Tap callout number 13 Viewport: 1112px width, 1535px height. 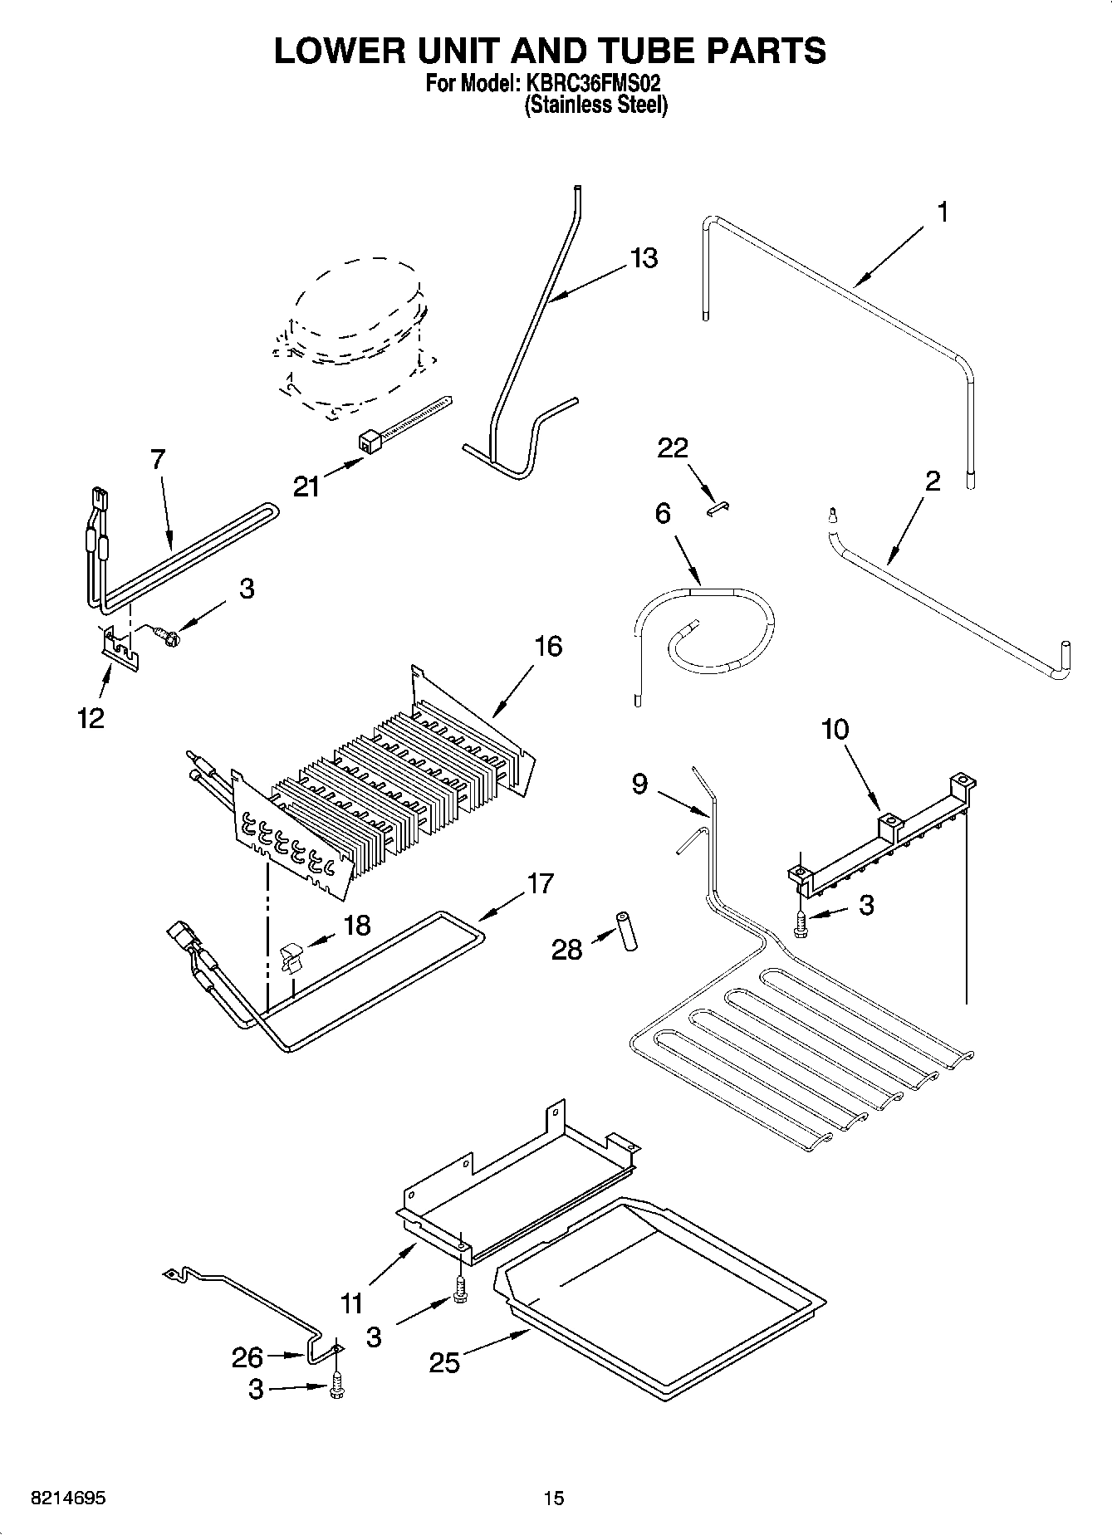(644, 258)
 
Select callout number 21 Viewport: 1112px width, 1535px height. (306, 485)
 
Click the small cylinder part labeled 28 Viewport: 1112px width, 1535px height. (625, 931)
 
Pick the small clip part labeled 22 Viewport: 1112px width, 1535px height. (717, 508)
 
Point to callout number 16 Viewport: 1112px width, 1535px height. (549, 645)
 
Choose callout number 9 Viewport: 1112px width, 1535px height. (639, 783)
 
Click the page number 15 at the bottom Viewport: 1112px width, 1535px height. (554, 1498)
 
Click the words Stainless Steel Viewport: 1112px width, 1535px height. (595, 105)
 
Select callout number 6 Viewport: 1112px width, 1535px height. (662, 513)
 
